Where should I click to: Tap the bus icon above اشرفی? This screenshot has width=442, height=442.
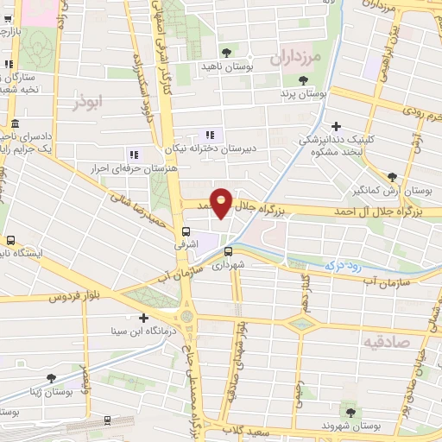click(186, 231)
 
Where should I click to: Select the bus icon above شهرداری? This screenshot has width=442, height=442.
click(228, 252)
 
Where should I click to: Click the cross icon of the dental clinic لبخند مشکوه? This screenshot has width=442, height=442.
click(336, 126)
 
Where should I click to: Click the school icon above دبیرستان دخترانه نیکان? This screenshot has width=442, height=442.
click(209, 134)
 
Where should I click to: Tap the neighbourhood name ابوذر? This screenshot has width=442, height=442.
click(90, 101)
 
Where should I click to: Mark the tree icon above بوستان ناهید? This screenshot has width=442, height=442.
click(227, 53)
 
